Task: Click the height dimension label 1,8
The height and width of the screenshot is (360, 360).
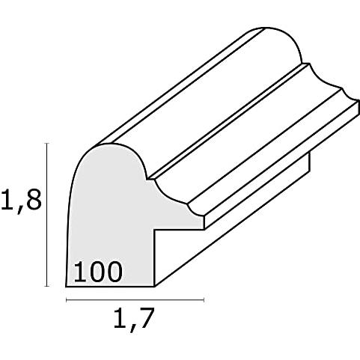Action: (21, 199)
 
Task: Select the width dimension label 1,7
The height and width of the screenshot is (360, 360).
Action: (133, 319)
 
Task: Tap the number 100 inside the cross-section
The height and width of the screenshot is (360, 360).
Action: (98, 272)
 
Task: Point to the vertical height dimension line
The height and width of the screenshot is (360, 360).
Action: (47, 215)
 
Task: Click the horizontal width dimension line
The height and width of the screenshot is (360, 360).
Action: (135, 300)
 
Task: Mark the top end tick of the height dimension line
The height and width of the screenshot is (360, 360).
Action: (47, 144)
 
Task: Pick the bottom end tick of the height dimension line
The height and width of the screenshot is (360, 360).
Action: (47, 286)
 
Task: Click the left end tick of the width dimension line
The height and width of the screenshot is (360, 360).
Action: (66, 300)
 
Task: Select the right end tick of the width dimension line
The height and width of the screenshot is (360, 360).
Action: (204, 300)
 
